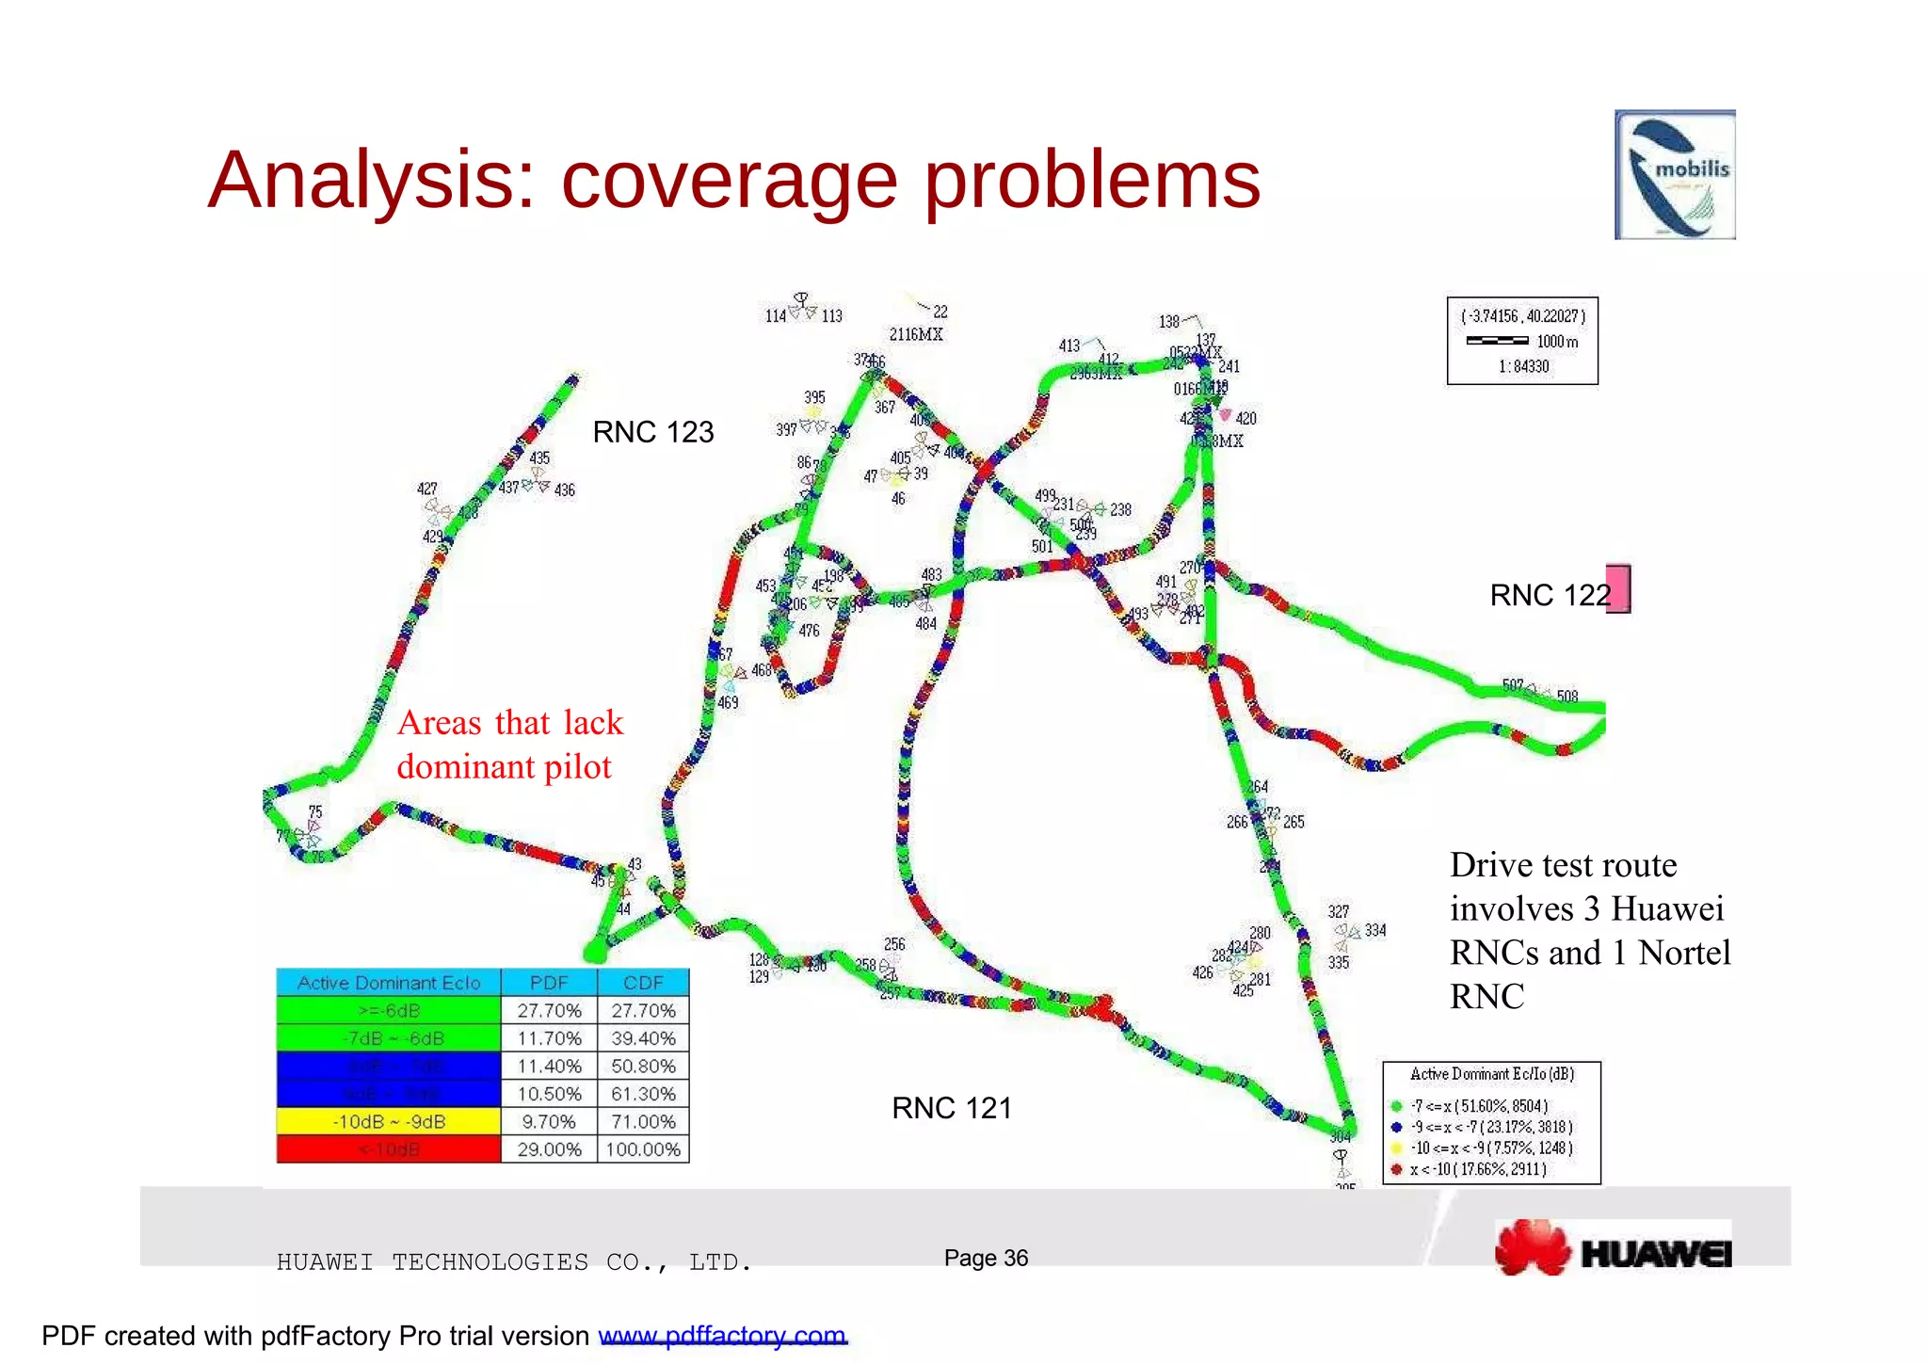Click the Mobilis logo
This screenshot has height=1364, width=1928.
(x=1674, y=175)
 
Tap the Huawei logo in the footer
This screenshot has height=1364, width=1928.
(x=1613, y=1248)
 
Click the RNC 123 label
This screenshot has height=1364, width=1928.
(x=652, y=432)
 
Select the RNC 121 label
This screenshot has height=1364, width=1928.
(x=951, y=1108)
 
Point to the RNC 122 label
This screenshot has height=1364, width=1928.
(x=1550, y=595)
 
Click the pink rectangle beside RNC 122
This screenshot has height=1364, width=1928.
(x=1617, y=588)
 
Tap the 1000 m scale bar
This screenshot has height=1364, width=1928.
(x=1497, y=341)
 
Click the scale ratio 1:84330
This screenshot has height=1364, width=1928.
(x=1523, y=366)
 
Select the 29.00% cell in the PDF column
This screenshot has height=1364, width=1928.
(x=549, y=1149)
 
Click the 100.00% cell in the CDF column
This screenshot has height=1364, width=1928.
(x=643, y=1149)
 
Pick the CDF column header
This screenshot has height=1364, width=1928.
(x=643, y=983)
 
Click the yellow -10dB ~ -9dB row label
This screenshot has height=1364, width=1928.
(x=389, y=1122)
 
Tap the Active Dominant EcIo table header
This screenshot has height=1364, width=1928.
(x=389, y=983)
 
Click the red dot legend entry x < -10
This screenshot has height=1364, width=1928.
(x=1478, y=1169)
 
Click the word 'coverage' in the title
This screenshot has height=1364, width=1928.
(x=730, y=181)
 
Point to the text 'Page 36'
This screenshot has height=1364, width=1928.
(x=986, y=1258)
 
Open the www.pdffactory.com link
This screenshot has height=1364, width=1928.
(x=722, y=1336)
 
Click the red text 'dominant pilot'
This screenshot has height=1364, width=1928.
(x=504, y=766)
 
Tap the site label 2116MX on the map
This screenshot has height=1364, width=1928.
(x=916, y=334)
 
